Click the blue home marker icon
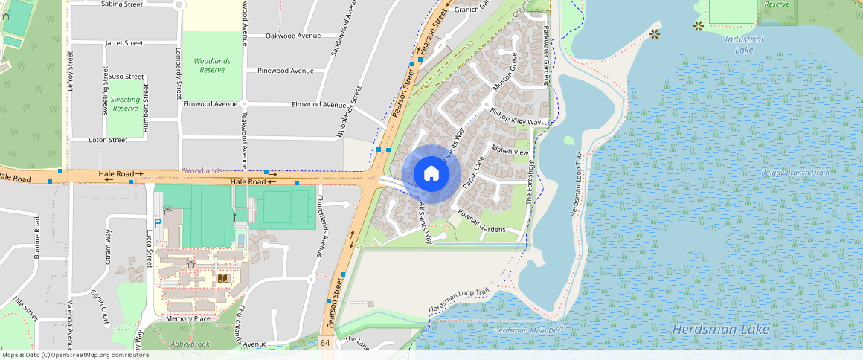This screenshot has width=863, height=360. tap(431, 173)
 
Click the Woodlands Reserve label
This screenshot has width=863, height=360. tap(212, 65)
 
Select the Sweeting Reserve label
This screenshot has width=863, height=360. tap(125, 103)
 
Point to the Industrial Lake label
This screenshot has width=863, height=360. tap(743, 45)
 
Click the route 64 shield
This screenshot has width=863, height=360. tap(325, 343)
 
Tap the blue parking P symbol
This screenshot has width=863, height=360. tap(157, 222)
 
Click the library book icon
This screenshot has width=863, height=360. tap(224, 278)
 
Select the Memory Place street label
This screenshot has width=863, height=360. tap(187, 318)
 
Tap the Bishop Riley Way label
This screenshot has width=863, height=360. tap(519, 117)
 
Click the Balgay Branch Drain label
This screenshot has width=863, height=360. tap(795, 173)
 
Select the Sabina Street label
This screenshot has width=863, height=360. tap(121, 4)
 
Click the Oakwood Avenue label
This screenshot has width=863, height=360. tap(293, 36)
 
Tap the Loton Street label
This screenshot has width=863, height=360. tap(108, 140)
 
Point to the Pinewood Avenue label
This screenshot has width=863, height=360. tap(286, 71)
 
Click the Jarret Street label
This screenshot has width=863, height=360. tap(123, 43)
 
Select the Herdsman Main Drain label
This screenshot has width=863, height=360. tap(529, 329)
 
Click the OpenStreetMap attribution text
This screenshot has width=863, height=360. tap(76, 355)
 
